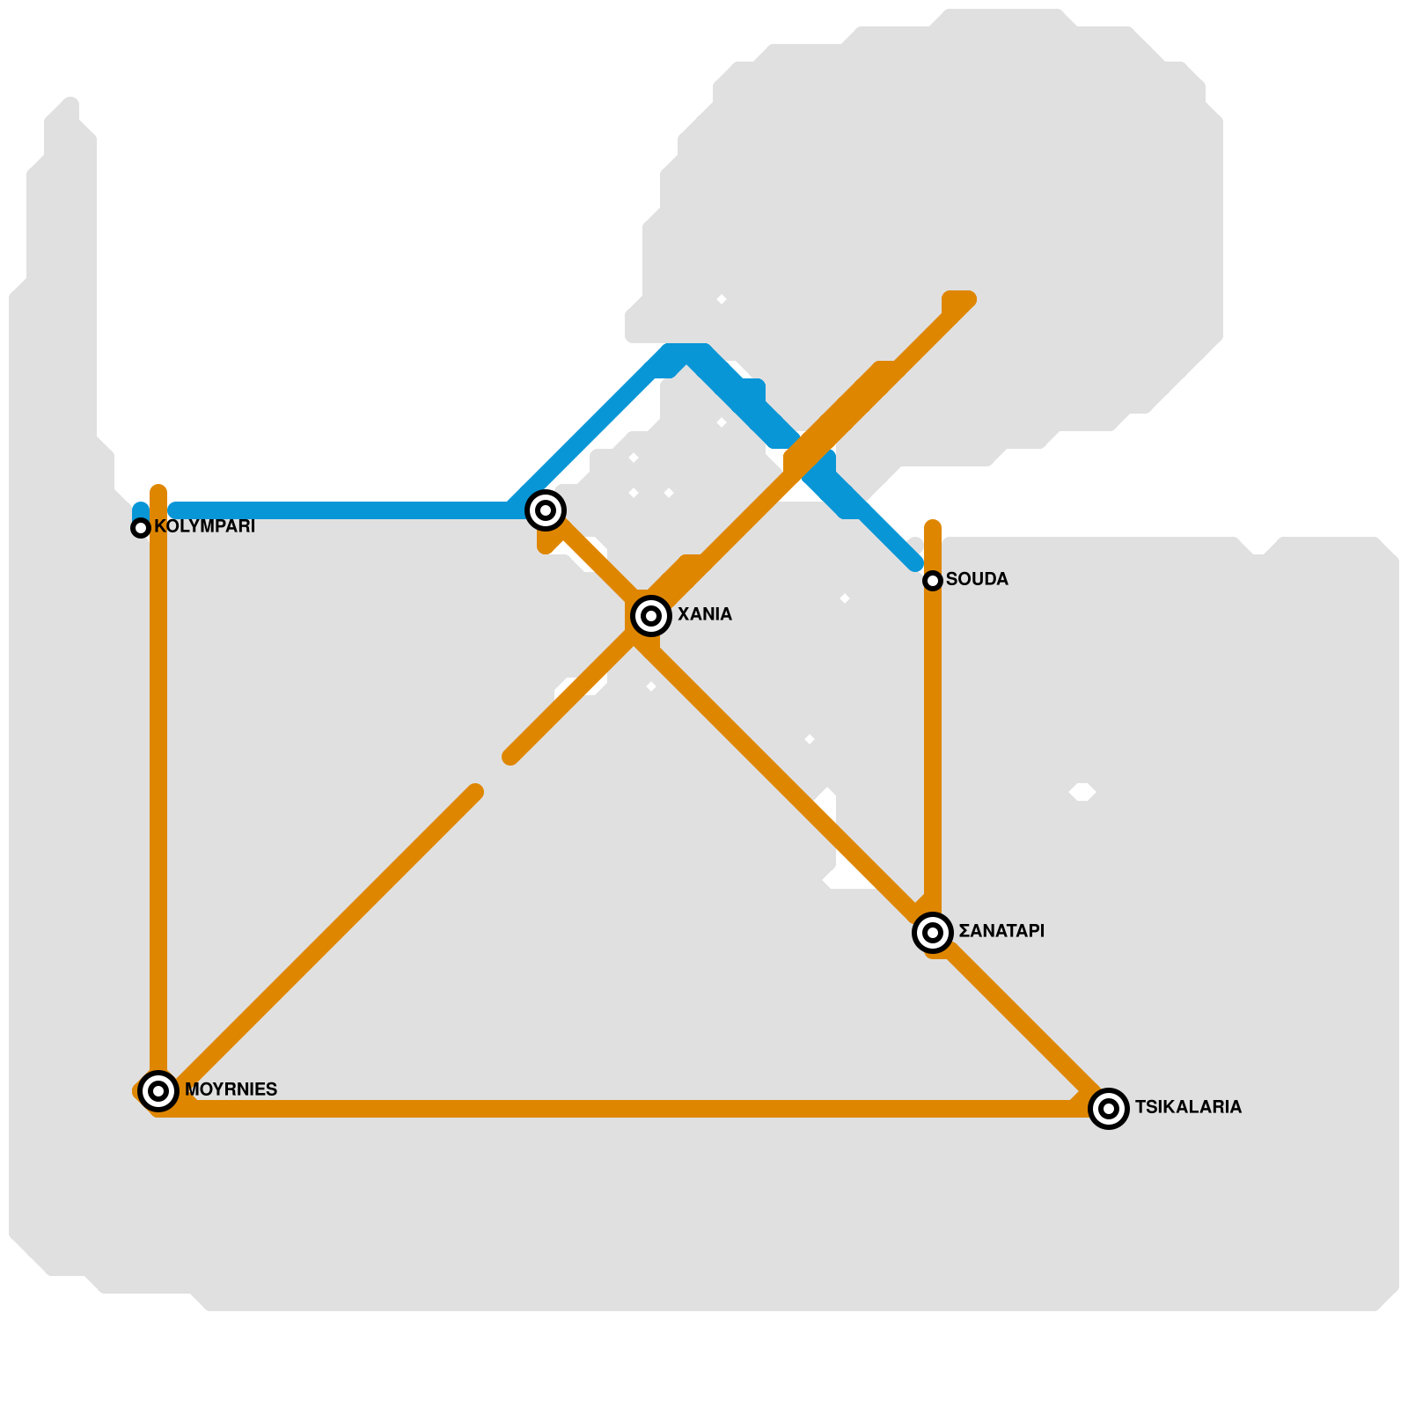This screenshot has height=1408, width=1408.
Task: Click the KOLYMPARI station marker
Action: [x=141, y=528]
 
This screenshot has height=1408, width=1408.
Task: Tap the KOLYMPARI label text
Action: [x=204, y=526]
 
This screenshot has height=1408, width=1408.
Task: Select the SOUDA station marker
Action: [x=933, y=581]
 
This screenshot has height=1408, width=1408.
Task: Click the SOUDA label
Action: [x=977, y=579]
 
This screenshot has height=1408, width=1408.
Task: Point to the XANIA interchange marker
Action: [x=651, y=616]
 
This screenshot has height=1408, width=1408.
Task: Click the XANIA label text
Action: [x=704, y=614]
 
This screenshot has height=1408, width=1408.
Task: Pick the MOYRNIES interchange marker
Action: [x=158, y=1091]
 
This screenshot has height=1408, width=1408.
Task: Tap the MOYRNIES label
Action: [x=231, y=1089]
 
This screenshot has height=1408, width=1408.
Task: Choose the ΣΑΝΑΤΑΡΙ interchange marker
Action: [x=933, y=933]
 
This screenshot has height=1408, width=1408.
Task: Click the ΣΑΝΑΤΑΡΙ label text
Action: [x=1001, y=931]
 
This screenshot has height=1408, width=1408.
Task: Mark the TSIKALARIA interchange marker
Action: [x=1109, y=1109]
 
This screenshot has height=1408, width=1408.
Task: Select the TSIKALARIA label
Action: [x=1188, y=1107]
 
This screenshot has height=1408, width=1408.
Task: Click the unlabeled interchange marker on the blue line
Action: [x=546, y=510]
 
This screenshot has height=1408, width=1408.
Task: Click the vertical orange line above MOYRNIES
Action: [x=158, y=792]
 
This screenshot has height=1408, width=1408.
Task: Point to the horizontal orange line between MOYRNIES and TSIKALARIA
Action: [x=616, y=1109]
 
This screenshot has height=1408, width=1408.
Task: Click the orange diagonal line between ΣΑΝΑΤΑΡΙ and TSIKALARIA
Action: [x=1021, y=1021]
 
